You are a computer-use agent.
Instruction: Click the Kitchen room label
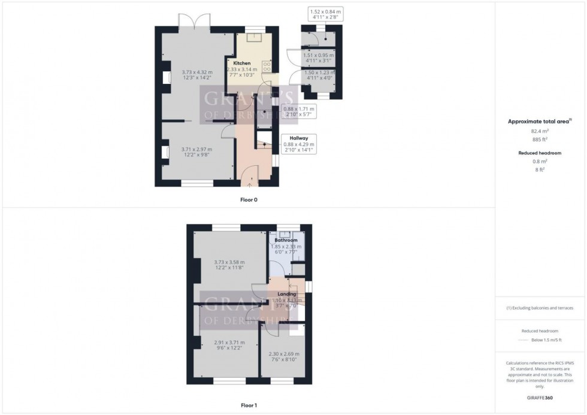coord(242,63)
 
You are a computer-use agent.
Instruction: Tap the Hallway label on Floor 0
coord(298,138)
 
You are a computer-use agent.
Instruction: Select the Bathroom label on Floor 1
coord(286,240)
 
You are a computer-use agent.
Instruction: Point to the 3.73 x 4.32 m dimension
coord(197,72)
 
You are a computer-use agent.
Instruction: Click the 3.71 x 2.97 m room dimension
coord(196,149)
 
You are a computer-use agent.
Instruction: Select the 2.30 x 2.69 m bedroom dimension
coord(284,354)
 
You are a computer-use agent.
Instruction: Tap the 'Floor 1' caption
coord(249,405)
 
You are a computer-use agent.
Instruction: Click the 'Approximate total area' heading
coord(538,121)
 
